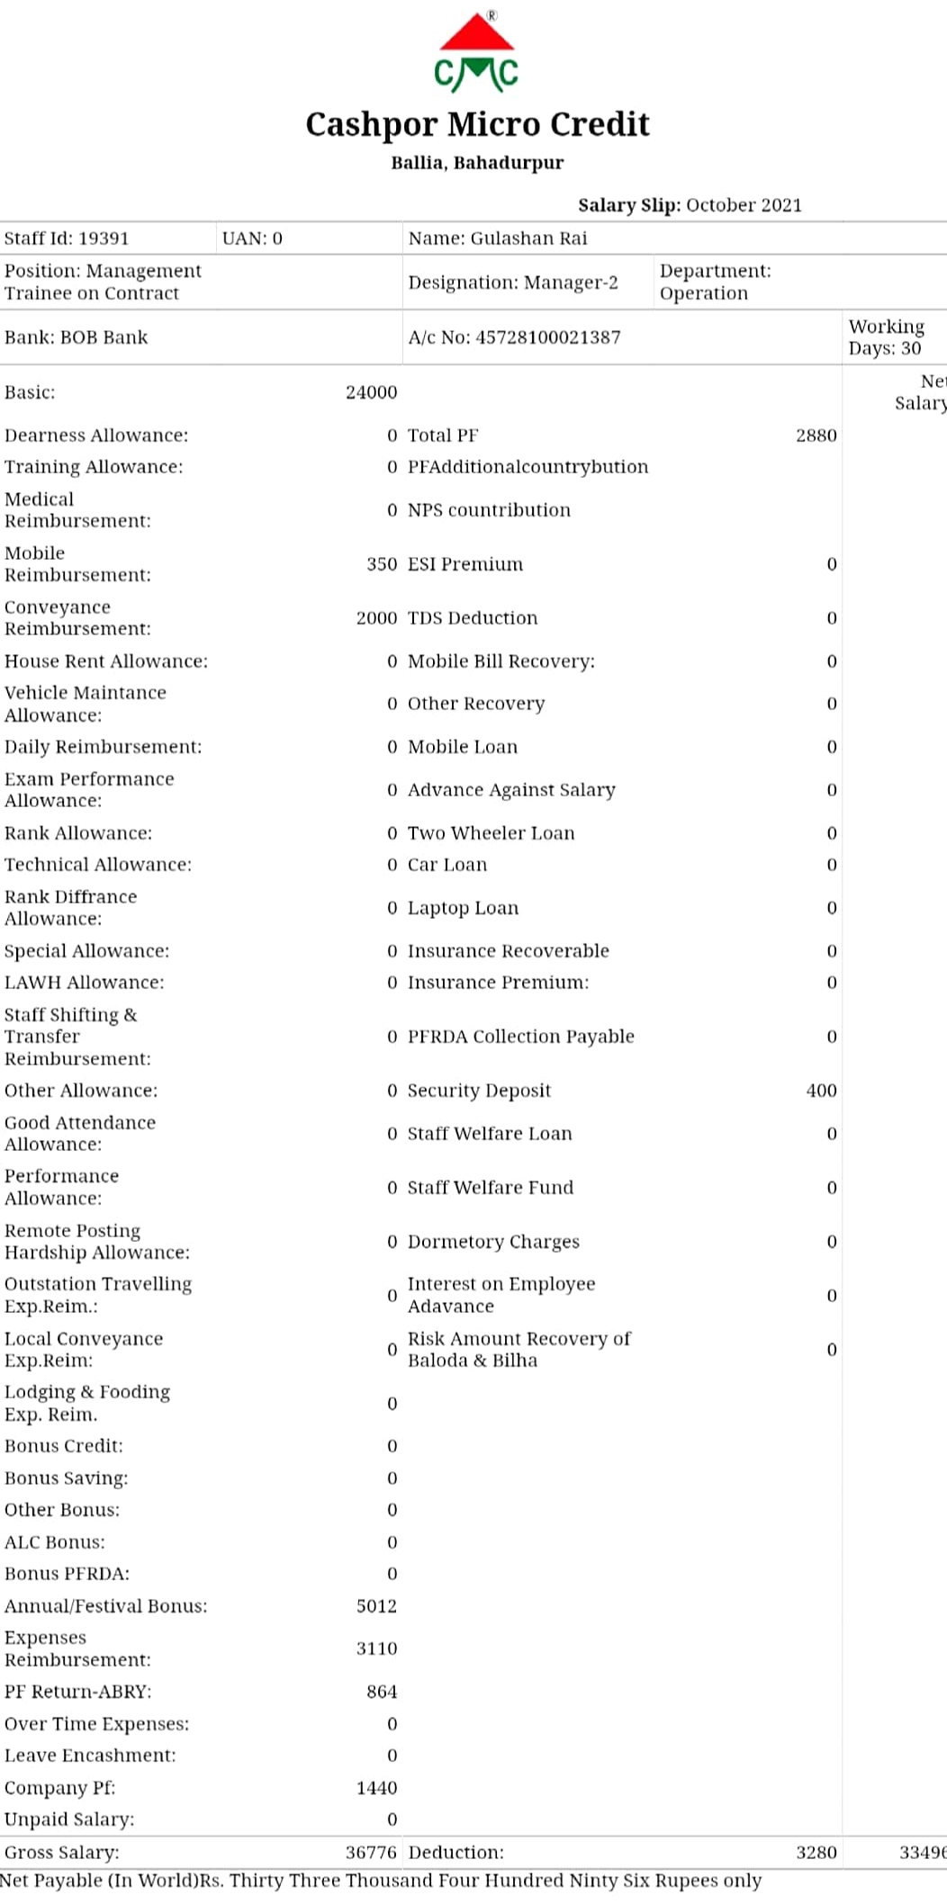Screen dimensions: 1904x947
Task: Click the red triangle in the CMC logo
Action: pyautogui.click(x=477, y=34)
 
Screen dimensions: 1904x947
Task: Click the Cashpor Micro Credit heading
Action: pyautogui.click(x=477, y=124)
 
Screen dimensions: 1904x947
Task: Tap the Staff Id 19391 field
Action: pyautogui.click(x=67, y=238)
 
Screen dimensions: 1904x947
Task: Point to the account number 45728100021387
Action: pyautogui.click(x=514, y=337)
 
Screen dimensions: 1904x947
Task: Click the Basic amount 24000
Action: pyautogui.click(x=371, y=392)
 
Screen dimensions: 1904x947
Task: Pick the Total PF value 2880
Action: pyautogui.click(x=816, y=436)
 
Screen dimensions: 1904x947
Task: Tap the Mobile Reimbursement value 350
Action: pyautogui.click(x=382, y=564)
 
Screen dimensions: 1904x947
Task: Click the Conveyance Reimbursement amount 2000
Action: pyautogui.click(x=376, y=618)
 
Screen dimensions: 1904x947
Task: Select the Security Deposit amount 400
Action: pyautogui.click(x=821, y=1091)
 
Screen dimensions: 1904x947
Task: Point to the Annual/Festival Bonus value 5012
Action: pyautogui.click(x=376, y=1606)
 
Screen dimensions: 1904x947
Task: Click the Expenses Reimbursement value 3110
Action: pyautogui.click(x=376, y=1648)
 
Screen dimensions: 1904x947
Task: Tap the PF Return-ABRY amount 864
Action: pyautogui.click(x=382, y=1692)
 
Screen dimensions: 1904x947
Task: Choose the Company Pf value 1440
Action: pyautogui.click(x=376, y=1788)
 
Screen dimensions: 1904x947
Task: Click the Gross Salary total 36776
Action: pyautogui.click(x=371, y=1853)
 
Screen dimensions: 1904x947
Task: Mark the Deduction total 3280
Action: pyautogui.click(x=816, y=1853)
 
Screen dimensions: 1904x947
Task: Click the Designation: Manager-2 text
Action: pyautogui.click(x=513, y=283)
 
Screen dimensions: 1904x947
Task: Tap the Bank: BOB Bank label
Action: pyautogui.click(x=77, y=337)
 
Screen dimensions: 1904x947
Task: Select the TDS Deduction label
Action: pyautogui.click(x=473, y=618)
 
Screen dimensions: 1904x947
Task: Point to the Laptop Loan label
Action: pyautogui.click(x=463, y=908)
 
